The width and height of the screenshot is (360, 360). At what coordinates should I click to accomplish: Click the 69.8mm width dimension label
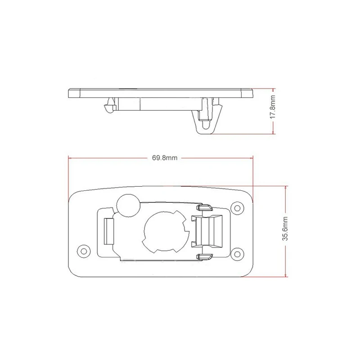tap(164, 158)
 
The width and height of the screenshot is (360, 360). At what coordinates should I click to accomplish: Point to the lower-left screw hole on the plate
tap(82, 250)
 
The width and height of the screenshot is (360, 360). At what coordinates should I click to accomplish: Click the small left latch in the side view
tap(108, 107)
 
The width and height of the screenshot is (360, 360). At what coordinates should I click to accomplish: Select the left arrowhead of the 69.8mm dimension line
tap(69, 158)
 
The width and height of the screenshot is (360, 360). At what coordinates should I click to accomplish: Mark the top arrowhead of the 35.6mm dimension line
tap(286, 186)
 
